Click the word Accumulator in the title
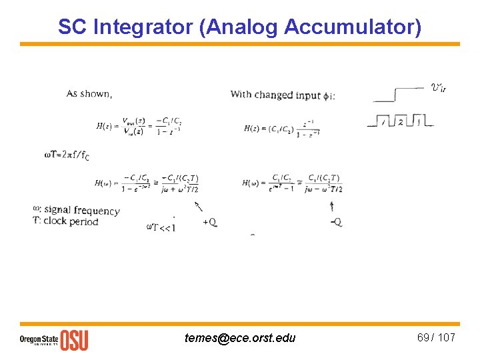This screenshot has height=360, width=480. (352, 27)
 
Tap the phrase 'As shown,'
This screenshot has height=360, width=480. (89, 94)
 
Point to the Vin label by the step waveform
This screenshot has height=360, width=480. (438, 87)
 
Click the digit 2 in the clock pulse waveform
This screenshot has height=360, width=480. (400, 121)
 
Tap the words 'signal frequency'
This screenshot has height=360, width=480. (82, 211)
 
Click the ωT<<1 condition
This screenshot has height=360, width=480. (161, 228)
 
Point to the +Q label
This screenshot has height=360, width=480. (209, 222)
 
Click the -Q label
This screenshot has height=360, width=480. (336, 222)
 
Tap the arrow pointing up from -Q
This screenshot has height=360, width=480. (332, 206)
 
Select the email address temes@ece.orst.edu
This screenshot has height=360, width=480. (240, 338)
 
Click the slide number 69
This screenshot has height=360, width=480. (423, 337)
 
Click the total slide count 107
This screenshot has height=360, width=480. (447, 337)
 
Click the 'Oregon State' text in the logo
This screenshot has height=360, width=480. (39, 338)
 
